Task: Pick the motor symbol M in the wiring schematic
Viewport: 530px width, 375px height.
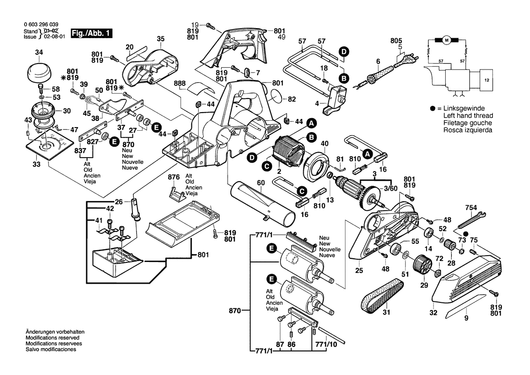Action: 446,40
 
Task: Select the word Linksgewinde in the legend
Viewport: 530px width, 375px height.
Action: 464,109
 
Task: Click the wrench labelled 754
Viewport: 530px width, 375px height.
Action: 472,219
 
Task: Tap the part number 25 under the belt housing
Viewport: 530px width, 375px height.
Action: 359,271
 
